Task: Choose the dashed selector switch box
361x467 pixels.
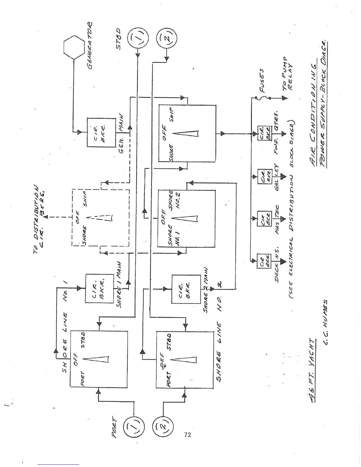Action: [101, 218]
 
